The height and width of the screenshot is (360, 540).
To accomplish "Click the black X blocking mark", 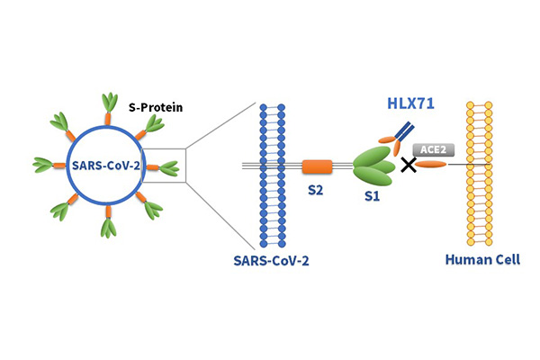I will click(x=409, y=166).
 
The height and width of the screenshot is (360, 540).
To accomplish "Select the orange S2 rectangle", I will click(x=317, y=166).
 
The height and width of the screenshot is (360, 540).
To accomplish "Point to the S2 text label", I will click(x=319, y=191).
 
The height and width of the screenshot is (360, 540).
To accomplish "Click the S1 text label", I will click(x=369, y=195).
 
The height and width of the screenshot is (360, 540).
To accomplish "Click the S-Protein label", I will click(x=156, y=108).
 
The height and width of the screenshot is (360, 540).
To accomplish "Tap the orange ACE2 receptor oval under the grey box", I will click(x=430, y=165).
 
